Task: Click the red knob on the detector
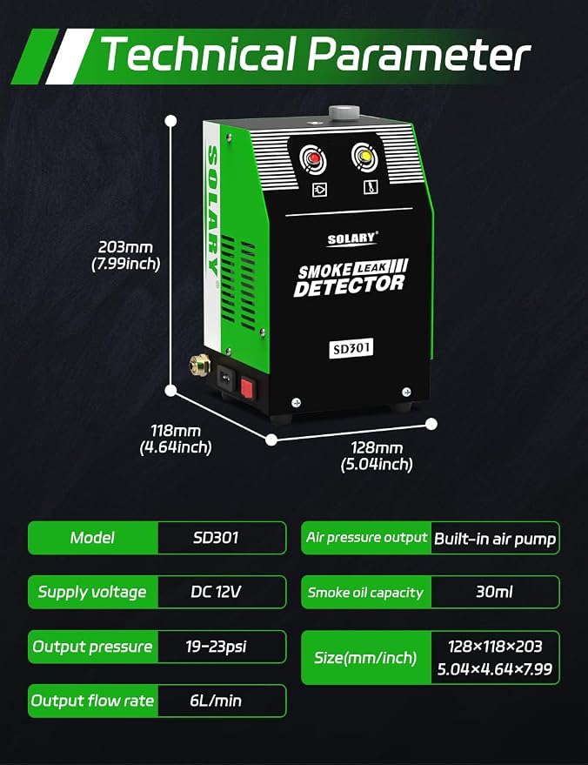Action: tap(312, 159)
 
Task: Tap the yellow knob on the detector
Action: tap(364, 156)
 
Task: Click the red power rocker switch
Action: tap(247, 388)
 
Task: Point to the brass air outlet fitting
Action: tap(200, 364)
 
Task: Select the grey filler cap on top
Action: tap(344, 112)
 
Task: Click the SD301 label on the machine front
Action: tap(351, 348)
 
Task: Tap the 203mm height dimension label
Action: tap(126, 255)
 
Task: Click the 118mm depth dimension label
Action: tap(176, 439)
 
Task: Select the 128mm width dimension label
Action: tap(377, 456)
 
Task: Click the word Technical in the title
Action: tap(198, 54)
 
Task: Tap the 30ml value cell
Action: tap(495, 592)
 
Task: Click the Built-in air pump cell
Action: tap(495, 538)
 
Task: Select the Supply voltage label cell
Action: tap(93, 592)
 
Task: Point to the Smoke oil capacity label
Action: tap(365, 593)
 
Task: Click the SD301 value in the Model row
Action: tap(216, 538)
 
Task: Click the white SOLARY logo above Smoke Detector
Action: tap(352, 238)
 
